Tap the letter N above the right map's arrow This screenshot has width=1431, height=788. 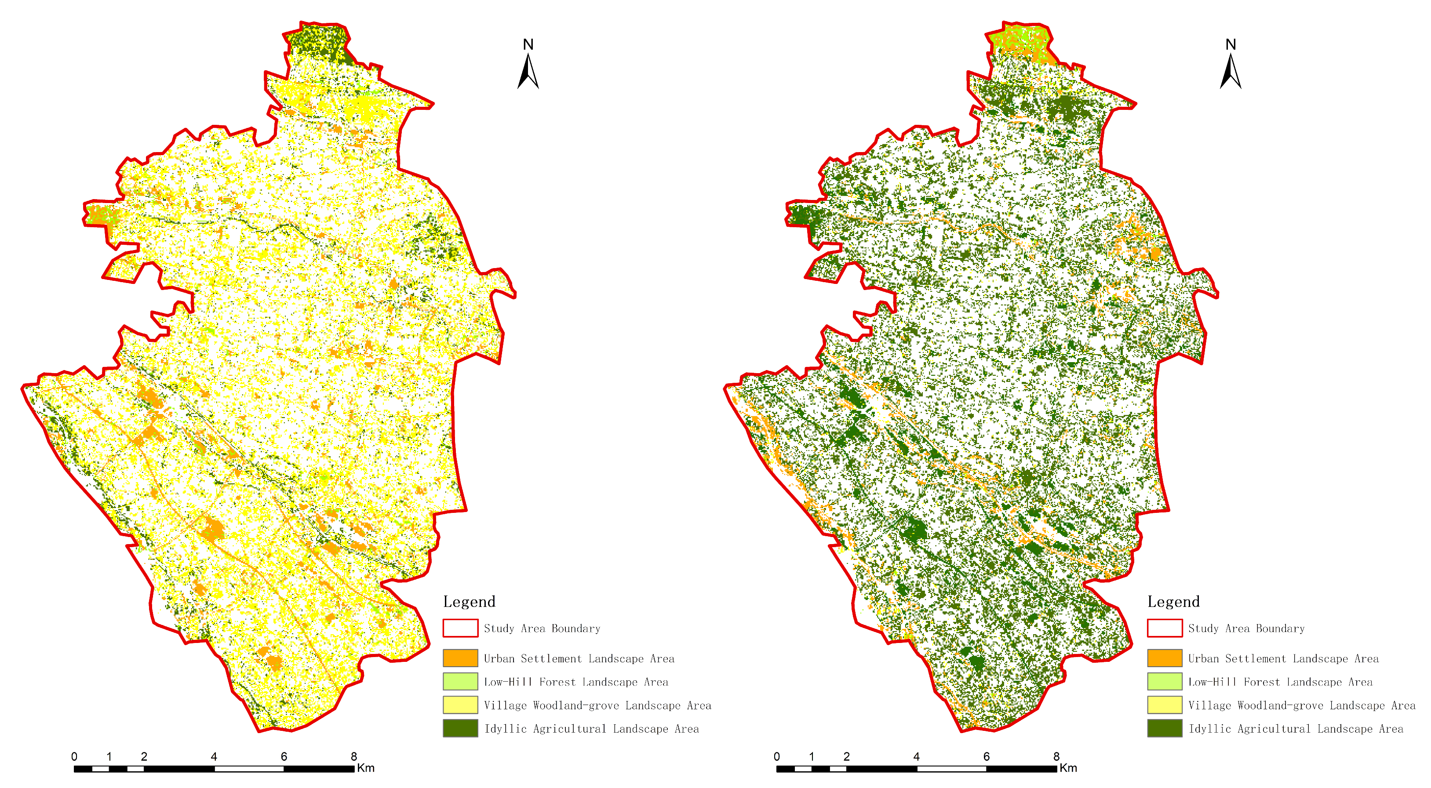coord(1231,44)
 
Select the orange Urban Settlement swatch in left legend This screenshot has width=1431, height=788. coord(460,658)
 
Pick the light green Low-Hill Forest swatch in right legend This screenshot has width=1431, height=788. coord(1164,681)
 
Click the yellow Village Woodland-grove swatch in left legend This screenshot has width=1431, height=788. coord(460,704)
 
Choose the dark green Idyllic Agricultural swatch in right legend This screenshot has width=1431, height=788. coord(1164,728)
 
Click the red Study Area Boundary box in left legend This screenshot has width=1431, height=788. coord(460,628)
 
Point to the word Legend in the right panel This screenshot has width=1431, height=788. coord(1173,601)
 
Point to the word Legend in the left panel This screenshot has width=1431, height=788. coord(469,601)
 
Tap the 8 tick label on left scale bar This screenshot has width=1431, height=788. coord(354,756)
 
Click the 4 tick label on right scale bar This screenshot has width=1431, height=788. coord(916,756)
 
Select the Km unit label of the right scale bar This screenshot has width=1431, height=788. coord(1068,768)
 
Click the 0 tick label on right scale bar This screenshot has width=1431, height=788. coord(776,756)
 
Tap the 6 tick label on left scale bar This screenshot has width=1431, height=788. coord(284,756)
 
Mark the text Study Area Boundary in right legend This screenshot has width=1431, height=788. coord(1246,628)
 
